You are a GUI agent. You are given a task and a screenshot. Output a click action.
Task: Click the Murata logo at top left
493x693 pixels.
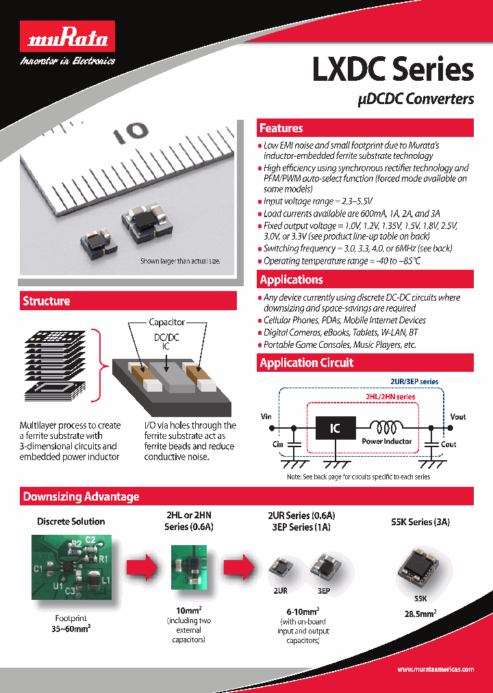(67, 40)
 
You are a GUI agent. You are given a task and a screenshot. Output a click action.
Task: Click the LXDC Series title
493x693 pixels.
(392, 70)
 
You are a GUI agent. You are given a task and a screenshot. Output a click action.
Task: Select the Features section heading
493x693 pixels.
(281, 128)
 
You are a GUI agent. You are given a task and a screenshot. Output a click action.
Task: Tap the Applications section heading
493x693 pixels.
(292, 279)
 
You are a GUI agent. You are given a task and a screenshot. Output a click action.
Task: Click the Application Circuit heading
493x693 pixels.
(307, 363)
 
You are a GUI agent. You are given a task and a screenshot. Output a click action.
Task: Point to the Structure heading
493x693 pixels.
(47, 301)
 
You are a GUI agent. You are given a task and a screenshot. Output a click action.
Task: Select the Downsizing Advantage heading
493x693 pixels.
(81, 496)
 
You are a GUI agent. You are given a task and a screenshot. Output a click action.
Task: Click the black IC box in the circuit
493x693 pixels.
(335, 429)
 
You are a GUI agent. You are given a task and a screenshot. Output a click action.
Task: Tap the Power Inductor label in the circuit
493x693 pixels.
(387, 441)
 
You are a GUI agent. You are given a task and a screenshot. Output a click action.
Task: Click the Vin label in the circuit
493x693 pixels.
(266, 416)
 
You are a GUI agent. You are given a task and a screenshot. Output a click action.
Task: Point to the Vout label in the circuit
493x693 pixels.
(458, 416)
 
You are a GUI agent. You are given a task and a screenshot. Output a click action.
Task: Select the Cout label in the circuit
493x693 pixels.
(448, 444)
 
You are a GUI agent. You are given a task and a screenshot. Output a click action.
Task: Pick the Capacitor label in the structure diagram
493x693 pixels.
(167, 322)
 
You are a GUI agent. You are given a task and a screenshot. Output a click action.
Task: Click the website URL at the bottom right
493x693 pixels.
(435, 669)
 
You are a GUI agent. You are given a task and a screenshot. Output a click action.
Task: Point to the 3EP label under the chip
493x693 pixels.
(323, 590)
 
